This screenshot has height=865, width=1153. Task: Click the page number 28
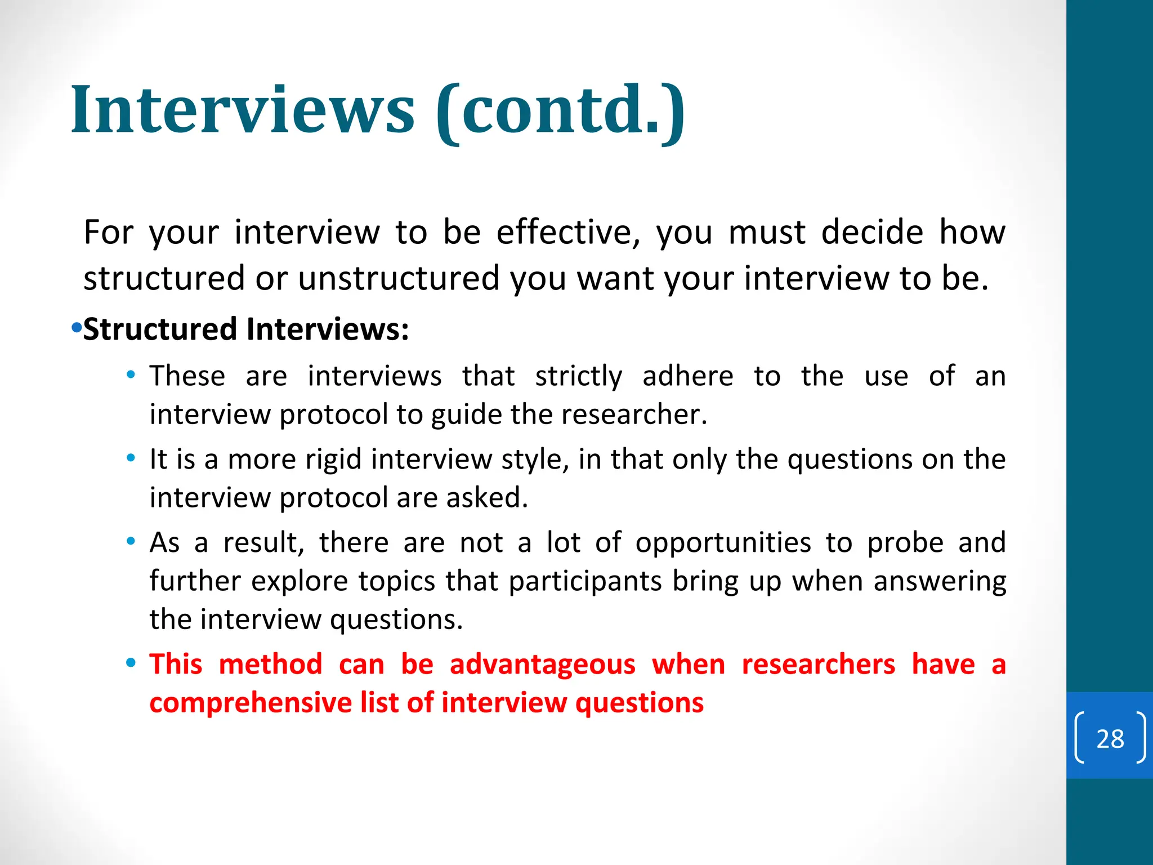(1110, 738)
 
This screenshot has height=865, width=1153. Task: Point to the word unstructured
(399, 278)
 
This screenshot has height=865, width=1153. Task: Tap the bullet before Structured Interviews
(77, 327)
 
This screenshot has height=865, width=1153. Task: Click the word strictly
(579, 376)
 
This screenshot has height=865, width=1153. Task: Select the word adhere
(687, 376)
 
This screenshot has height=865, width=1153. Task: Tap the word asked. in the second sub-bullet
(487, 498)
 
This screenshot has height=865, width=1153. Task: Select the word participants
(585, 582)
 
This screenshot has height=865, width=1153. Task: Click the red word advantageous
(542, 665)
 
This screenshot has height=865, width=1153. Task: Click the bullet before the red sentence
(131, 663)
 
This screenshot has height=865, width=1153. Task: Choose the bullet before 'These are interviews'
(131, 374)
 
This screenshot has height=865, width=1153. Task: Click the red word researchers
(818, 665)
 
